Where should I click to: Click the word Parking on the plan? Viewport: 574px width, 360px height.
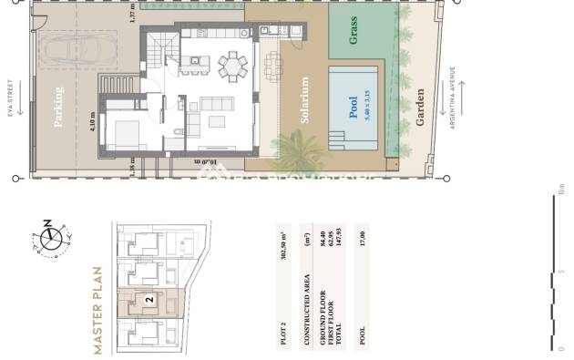(59, 108)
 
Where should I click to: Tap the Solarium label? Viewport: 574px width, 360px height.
(302, 100)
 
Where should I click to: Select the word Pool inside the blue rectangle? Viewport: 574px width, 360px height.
(354, 108)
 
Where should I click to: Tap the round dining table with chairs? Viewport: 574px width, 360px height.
(231, 66)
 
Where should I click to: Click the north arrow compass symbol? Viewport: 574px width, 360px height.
(51, 240)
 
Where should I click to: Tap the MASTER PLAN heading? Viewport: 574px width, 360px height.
(98, 311)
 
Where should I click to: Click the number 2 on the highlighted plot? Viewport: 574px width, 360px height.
(148, 298)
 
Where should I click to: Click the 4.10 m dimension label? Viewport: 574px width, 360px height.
(93, 120)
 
